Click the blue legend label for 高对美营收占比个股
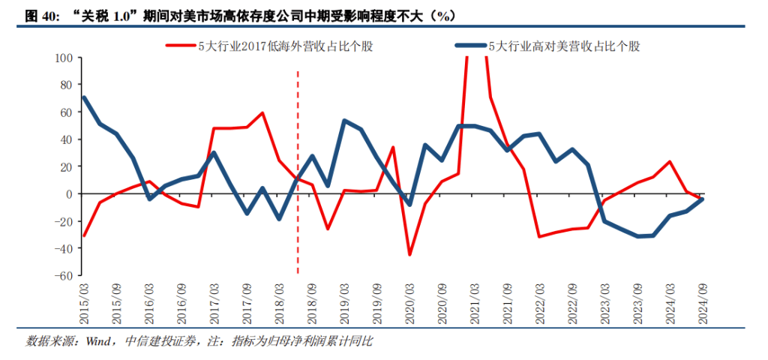(x=564, y=46)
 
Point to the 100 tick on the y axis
(x=62, y=58)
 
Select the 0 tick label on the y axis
(x=68, y=194)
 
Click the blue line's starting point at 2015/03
(x=83, y=97)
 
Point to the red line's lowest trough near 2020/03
(x=409, y=255)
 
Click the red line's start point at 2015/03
(x=83, y=235)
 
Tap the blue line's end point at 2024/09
(x=703, y=199)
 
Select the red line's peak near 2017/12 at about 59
(x=262, y=113)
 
